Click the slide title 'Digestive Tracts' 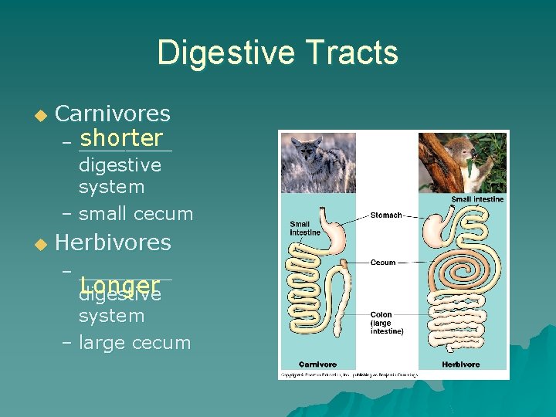(x=278, y=53)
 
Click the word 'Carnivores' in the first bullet (x=113, y=114)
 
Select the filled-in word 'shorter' (x=121, y=138)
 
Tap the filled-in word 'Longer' (x=119, y=285)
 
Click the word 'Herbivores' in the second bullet (x=113, y=242)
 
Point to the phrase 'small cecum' (x=136, y=214)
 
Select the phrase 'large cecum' (x=134, y=343)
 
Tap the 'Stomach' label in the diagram (x=386, y=215)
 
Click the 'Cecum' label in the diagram (x=383, y=263)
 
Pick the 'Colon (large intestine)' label (x=386, y=323)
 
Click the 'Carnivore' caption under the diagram (x=317, y=364)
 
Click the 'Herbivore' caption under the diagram (x=461, y=364)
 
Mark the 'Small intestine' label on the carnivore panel (x=304, y=229)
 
